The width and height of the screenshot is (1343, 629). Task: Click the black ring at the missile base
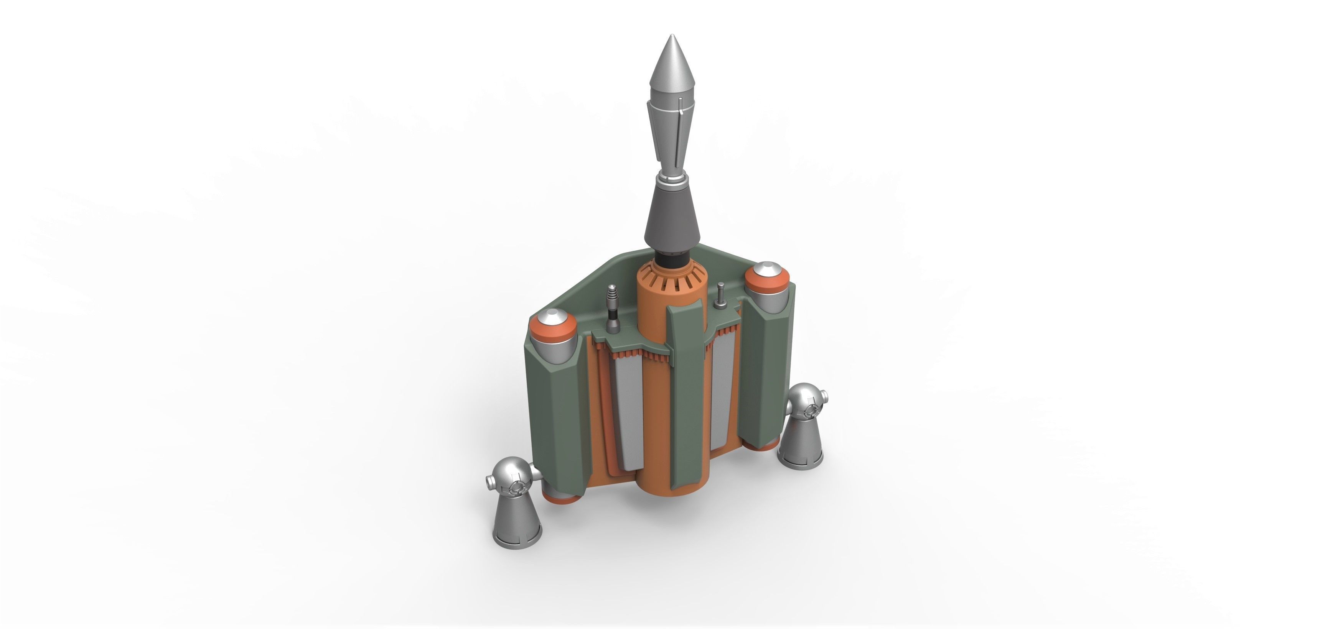tap(671, 258)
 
